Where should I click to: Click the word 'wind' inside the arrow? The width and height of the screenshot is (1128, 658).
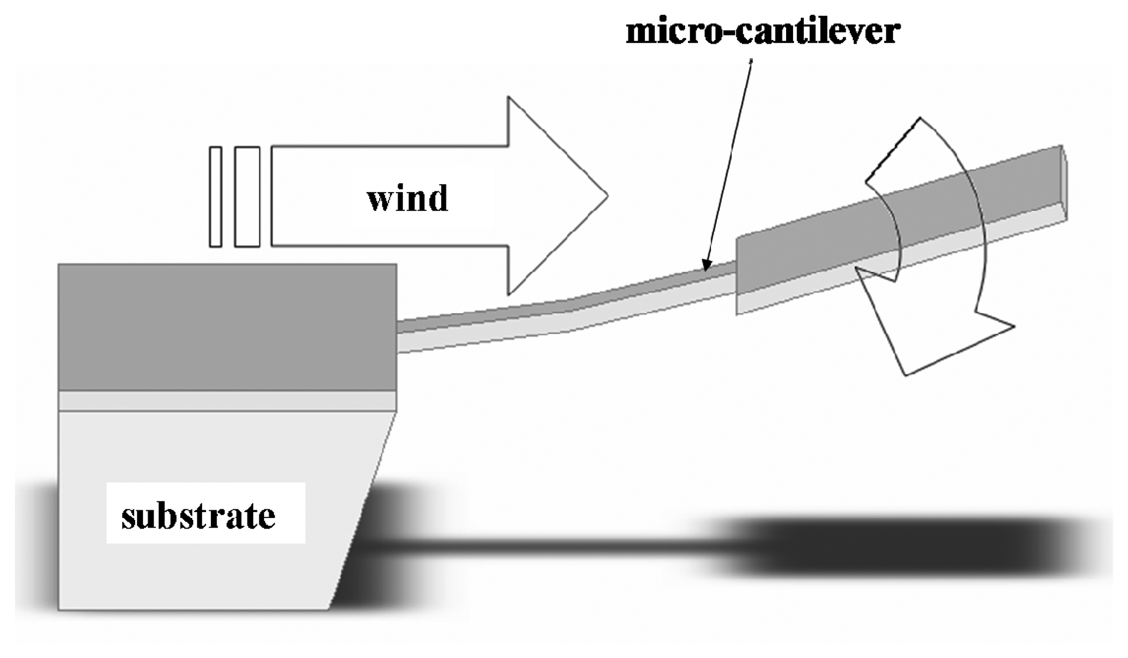(x=407, y=198)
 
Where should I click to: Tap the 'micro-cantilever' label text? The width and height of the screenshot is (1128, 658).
(x=762, y=31)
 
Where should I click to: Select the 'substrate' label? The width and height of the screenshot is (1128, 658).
(x=198, y=516)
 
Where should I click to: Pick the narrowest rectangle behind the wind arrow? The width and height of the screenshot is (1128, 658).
(x=216, y=196)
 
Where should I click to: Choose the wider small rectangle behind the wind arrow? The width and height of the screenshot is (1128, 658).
(x=247, y=196)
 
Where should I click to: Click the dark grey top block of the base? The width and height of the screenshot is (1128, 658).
(x=227, y=327)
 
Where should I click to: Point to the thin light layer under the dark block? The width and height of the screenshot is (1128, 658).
(x=227, y=400)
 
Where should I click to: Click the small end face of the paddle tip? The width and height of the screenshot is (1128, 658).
(x=1065, y=183)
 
